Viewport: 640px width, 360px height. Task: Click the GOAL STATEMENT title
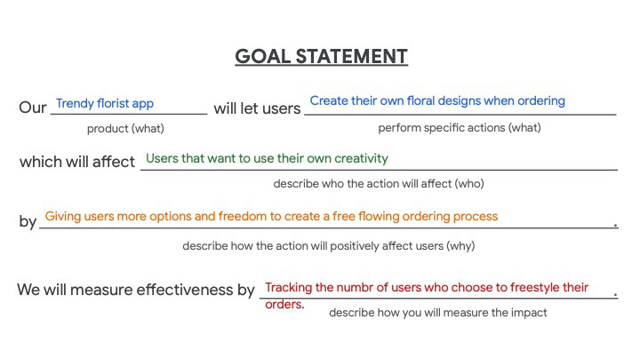tap(321, 56)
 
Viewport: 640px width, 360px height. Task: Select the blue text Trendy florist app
tap(105, 104)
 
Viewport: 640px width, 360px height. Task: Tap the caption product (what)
tap(125, 129)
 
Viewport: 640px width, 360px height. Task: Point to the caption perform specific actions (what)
tap(460, 128)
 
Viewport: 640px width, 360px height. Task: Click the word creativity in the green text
tap(361, 158)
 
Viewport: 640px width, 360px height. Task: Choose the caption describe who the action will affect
tap(379, 184)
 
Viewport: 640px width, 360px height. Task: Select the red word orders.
tap(284, 304)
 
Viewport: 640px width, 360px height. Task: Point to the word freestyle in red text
tap(535, 287)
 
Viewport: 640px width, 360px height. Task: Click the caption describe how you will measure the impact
tap(438, 313)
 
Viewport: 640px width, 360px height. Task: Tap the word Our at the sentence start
tap(33, 108)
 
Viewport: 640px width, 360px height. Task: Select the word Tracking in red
tap(289, 287)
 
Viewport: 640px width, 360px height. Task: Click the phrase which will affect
tap(77, 162)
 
